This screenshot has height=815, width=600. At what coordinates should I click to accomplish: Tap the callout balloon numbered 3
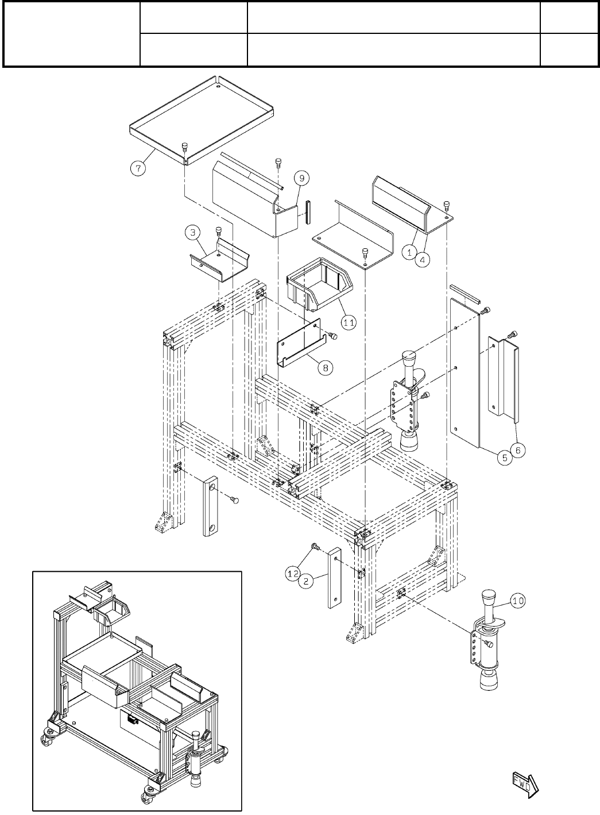tap(192, 233)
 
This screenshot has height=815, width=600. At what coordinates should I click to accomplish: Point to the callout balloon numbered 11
tap(348, 322)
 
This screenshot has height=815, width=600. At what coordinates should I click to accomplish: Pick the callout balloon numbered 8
tap(326, 367)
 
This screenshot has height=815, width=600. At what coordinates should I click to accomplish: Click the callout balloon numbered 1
tap(409, 252)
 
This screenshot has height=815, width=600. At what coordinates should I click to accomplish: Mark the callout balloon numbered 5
tap(504, 458)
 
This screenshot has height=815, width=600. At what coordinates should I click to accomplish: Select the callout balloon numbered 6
tap(517, 451)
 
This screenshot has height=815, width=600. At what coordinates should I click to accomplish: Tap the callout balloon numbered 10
tap(517, 601)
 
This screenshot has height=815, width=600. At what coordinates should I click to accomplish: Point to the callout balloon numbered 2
tap(307, 581)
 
